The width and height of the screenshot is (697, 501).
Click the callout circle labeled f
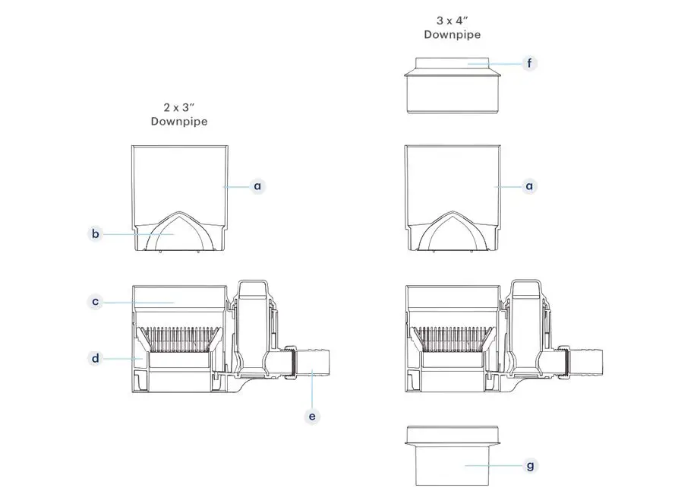(529, 63)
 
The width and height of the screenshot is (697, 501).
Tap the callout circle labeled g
(529, 465)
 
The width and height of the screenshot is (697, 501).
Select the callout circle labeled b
(96, 234)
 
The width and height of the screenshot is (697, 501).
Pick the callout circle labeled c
(96, 302)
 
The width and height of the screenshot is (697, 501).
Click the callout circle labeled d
(96, 357)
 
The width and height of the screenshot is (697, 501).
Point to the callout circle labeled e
(312, 416)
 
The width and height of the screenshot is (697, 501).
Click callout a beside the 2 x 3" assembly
(257, 185)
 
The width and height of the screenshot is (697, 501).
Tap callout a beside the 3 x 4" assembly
(529, 185)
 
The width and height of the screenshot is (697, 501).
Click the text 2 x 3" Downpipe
(179, 114)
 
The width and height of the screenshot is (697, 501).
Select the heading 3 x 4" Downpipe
(453, 27)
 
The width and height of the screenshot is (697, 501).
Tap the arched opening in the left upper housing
(179, 232)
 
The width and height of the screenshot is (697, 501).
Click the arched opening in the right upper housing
(453, 232)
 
